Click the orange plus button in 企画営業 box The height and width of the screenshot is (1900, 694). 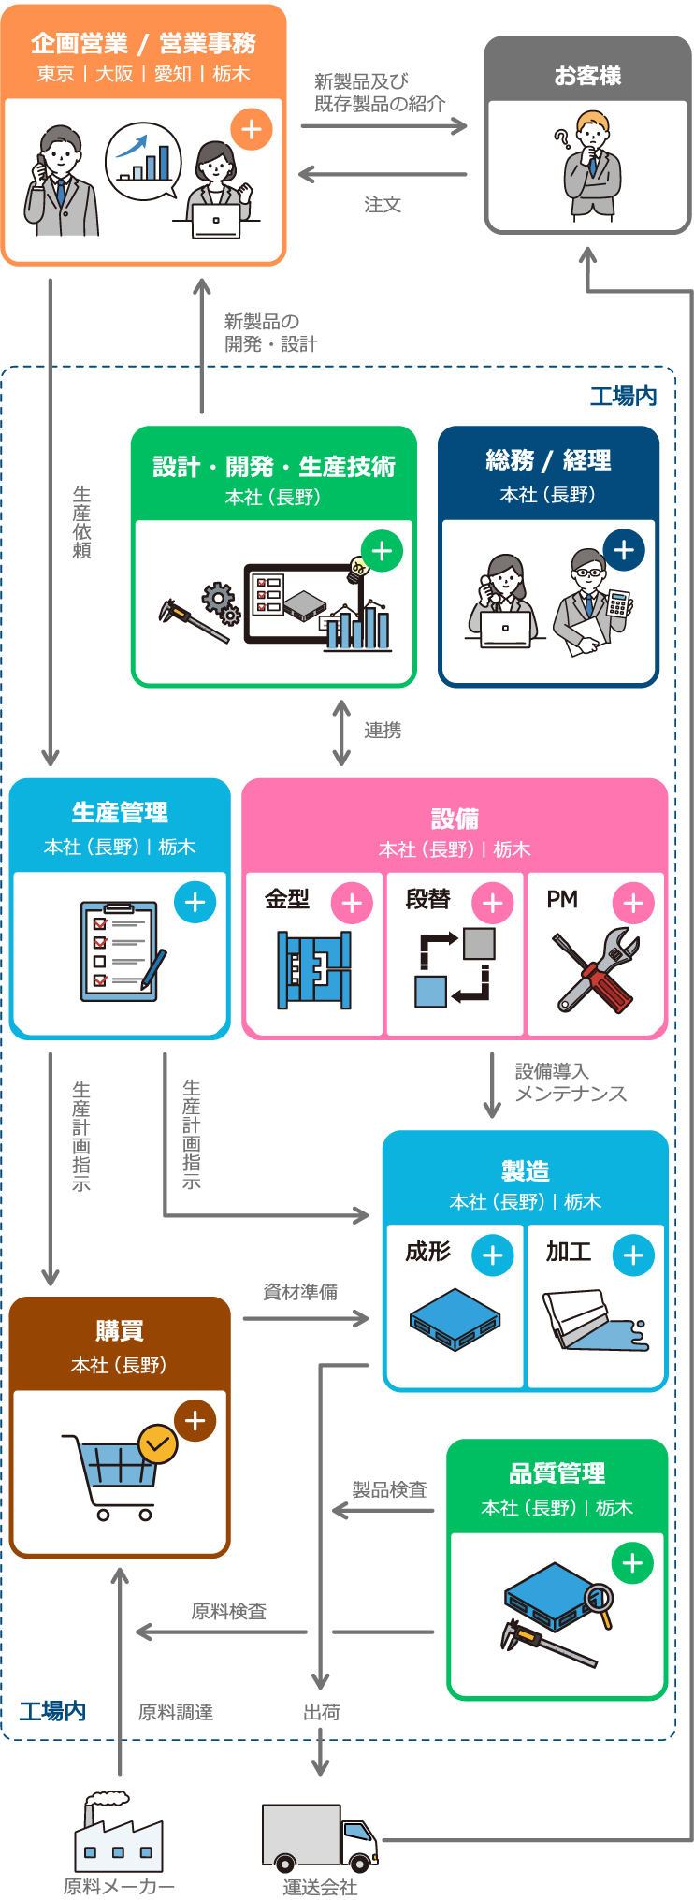pyautogui.click(x=252, y=129)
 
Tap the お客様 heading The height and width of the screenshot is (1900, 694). pyautogui.click(x=587, y=76)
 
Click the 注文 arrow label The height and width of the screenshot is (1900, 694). pyautogui.click(x=383, y=204)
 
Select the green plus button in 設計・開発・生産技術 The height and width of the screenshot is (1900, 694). pyautogui.click(x=382, y=551)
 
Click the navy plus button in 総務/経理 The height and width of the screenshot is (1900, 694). pyautogui.click(x=624, y=550)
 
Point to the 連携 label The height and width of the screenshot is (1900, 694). pyautogui.click(x=383, y=731)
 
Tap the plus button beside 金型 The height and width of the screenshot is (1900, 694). pyautogui.click(x=352, y=904)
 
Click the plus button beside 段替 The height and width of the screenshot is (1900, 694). pyautogui.click(x=493, y=904)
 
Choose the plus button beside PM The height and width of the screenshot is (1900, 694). pyautogui.click(x=633, y=904)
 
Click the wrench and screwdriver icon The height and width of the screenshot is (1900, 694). pyautogui.click(x=596, y=972)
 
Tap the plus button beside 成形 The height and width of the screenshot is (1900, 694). pyautogui.click(x=493, y=1255)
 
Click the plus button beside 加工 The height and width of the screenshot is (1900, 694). pyautogui.click(x=633, y=1255)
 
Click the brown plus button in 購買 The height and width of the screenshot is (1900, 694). pyautogui.click(x=195, y=1421)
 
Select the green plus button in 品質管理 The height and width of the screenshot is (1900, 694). pyautogui.click(x=632, y=1563)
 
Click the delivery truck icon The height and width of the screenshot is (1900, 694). pyautogui.click(x=320, y=1838)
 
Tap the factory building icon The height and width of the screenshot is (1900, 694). pyautogui.click(x=119, y=1831)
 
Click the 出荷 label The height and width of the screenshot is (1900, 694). pyautogui.click(x=321, y=1713)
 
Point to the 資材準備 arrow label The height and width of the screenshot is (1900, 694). pyautogui.click(x=300, y=1292)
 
